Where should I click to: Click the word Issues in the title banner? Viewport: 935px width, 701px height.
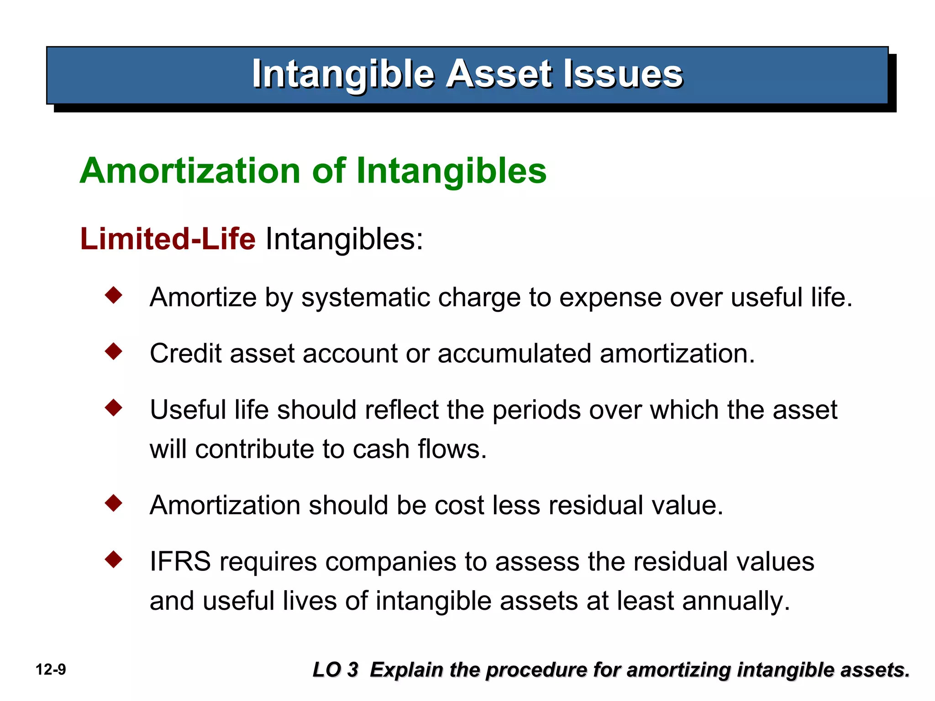623,74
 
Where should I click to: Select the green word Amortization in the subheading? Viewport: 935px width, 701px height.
190,171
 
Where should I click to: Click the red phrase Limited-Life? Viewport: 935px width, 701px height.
168,239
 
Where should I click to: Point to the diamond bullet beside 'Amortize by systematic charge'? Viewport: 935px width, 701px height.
114,295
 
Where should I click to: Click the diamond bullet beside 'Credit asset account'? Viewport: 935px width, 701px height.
114,351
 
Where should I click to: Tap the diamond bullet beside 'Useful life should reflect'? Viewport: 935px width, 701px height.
114,408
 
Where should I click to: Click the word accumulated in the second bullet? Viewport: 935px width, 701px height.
515,354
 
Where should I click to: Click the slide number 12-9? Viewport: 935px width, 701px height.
51,670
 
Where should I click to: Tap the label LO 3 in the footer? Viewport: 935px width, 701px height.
336,670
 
